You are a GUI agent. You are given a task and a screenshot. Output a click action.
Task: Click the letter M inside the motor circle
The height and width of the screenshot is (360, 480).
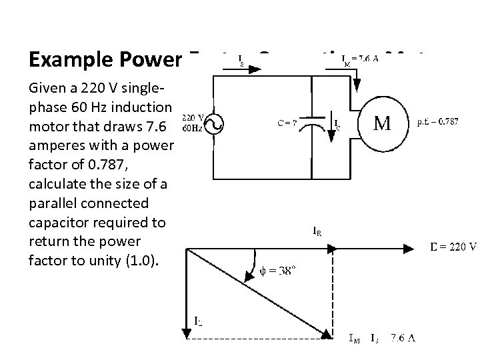click(x=382, y=125)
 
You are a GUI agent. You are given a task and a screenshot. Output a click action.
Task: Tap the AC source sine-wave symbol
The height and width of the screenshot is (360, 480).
click(x=214, y=123)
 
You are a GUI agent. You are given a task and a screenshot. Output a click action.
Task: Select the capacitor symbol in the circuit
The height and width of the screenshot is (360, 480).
click(x=313, y=125)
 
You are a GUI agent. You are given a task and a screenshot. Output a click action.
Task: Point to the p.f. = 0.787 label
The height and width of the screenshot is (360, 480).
click(x=437, y=123)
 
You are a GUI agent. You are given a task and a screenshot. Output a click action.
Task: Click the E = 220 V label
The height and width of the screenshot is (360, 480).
click(x=452, y=247)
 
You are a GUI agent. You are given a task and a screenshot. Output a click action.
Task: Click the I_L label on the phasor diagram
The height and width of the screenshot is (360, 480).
click(x=199, y=322)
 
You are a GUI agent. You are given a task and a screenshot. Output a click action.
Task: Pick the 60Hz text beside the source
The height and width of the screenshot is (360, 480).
click(x=193, y=127)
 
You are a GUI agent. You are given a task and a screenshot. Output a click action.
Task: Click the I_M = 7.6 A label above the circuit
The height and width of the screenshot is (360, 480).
click(x=361, y=59)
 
